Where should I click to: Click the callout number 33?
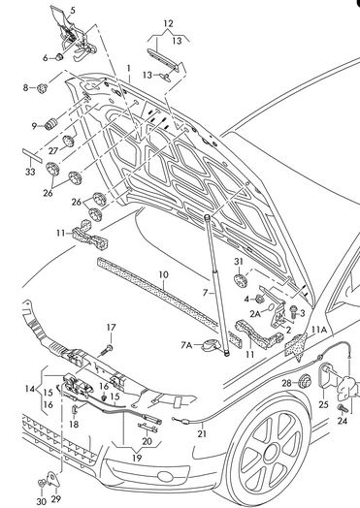coord(30,172)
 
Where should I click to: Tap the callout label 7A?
coord(186,346)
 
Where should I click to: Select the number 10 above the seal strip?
coord(164,274)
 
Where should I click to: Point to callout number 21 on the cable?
coord(202,433)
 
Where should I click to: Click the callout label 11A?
coord(318,330)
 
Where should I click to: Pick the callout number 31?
coord(239,261)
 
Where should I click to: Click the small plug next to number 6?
coord(58,57)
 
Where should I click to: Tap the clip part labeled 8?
coord(42,88)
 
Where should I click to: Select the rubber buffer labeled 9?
coord(50,124)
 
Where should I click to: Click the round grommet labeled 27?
coord(69,141)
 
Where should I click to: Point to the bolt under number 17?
coord(108,350)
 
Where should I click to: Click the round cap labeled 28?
coord(305,381)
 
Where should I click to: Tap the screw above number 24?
coord(343,408)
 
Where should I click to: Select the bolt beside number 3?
coord(293,311)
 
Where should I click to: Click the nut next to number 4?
coord(259,298)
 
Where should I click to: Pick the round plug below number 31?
coord(240,280)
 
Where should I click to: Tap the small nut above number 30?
coord(42,484)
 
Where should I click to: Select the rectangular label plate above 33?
coord(32,155)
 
